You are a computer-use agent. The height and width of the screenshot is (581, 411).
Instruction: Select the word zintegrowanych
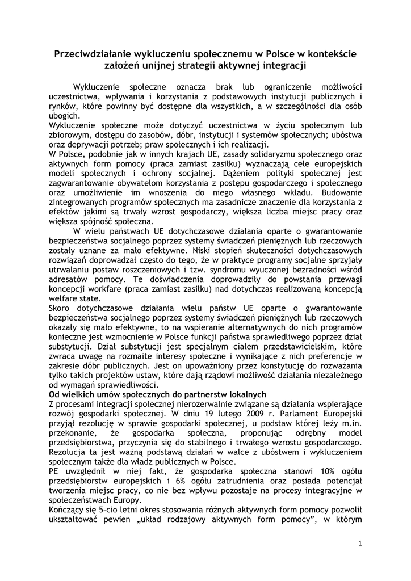pyautogui.click(x=79, y=203)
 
